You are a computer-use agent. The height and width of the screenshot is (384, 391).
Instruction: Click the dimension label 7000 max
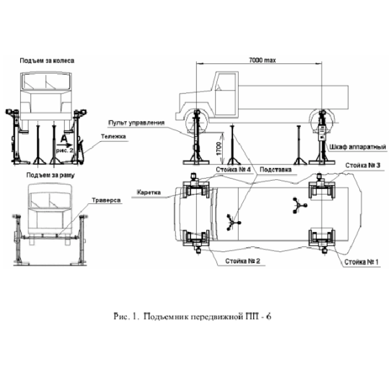tap(263, 61)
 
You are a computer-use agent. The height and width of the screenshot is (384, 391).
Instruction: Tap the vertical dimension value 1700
tap(219, 148)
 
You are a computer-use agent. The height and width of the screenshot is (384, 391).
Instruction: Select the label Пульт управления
tap(136, 122)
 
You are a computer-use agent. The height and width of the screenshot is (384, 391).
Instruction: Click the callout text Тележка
tap(113, 136)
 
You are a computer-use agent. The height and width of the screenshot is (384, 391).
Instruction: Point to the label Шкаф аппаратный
tap(358, 147)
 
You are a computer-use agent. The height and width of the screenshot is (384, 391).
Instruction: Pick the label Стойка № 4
tap(233, 170)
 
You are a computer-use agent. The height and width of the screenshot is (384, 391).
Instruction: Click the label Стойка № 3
tap(363, 166)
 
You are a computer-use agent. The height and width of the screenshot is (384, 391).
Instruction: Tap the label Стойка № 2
tap(242, 261)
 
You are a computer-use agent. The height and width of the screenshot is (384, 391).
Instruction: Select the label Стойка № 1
tap(361, 262)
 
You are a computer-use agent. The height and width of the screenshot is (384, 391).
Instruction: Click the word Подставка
tap(276, 170)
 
